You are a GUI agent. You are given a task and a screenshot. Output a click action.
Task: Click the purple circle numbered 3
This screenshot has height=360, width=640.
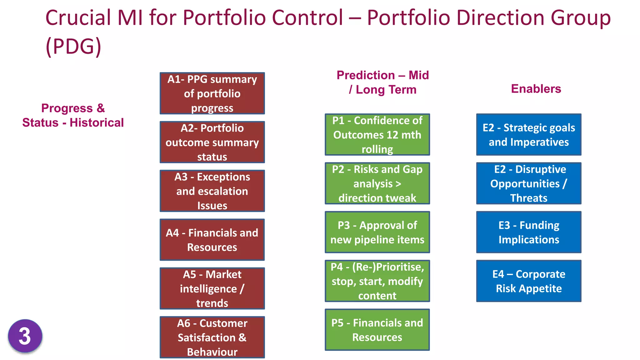coord(25,336)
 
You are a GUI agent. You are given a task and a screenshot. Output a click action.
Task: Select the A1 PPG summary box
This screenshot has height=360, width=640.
coord(212,93)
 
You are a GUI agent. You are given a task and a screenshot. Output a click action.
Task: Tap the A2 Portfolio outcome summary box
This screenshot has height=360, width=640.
coord(212,142)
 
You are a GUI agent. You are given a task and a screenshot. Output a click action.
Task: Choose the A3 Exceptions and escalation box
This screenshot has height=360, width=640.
coord(212,191)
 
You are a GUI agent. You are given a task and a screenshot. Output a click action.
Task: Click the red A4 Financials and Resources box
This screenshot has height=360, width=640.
coord(212,240)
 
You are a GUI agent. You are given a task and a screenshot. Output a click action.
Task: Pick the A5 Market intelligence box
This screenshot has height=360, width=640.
coord(212,288)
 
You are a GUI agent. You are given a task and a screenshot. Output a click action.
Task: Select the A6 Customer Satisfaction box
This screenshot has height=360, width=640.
coord(212,337)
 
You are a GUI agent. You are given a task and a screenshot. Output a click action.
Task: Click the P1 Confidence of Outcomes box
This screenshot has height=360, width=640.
coord(377,135)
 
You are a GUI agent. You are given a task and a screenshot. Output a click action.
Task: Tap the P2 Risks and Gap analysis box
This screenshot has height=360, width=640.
coord(377,183)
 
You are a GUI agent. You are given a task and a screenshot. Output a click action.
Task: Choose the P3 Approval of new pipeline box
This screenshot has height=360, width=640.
coord(377,232)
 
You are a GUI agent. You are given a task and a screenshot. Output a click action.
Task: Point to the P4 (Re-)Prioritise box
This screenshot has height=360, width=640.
coord(377,281)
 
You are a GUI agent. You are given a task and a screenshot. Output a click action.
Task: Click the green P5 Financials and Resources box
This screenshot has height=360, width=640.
coord(377,330)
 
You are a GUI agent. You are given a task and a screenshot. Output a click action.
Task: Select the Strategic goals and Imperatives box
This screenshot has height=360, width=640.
coord(529,135)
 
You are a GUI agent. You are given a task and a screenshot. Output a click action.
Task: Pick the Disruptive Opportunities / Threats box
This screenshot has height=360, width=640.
coord(529,183)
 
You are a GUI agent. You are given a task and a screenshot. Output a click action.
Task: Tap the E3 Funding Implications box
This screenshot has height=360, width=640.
coord(529,232)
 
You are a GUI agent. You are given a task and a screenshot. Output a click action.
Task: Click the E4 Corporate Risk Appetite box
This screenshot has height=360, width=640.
coord(529,281)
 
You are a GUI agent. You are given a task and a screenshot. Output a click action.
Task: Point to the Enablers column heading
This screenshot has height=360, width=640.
coord(536,89)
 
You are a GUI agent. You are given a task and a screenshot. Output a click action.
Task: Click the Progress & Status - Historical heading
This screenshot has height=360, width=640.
coord(73,115)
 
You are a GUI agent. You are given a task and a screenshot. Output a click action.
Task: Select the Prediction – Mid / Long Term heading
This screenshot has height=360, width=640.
coord(382,82)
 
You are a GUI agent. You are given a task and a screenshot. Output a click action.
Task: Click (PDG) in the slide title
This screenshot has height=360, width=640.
coord(73,46)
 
